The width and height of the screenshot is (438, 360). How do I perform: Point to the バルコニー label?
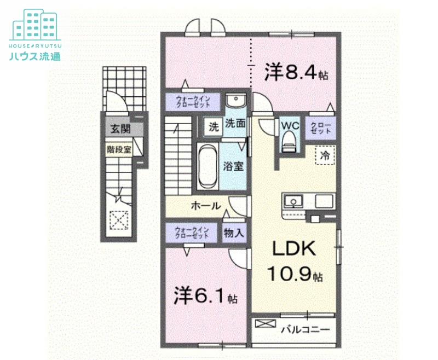coord(306,329)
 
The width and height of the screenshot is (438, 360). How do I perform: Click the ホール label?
coord(205,206)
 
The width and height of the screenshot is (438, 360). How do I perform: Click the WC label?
coord(289,125)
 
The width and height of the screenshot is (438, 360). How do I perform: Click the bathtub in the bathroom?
coord(207,165)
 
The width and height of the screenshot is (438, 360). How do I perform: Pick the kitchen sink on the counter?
coord(295,201)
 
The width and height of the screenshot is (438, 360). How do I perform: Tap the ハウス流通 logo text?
coord(34,56)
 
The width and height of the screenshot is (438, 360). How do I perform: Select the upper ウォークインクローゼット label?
coord(192,102)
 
